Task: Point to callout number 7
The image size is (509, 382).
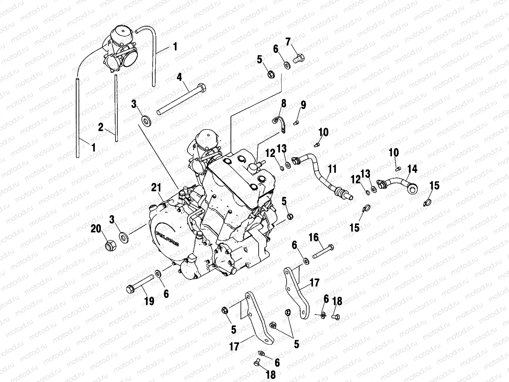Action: pyautogui.click(x=288, y=41)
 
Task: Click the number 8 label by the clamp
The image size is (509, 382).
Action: pyautogui.click(x=283, y=103)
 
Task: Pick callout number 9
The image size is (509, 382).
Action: pyautogui.click(x=303, y=105)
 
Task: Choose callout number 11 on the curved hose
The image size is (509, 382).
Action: pyautogui.click(x=332, y=169)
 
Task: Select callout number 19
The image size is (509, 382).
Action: pyautogui.click(x=149, y=301)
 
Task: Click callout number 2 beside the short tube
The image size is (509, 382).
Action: pyautogui.click(x=101, y=127)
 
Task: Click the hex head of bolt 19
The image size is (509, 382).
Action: pyautogui.click(x=130, y=289)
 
